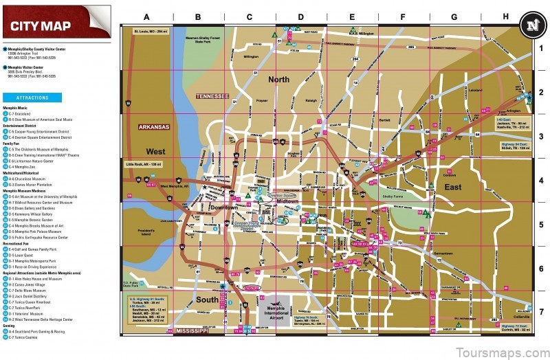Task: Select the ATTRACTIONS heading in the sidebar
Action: pos(32,98)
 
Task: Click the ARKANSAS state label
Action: pos(153,126)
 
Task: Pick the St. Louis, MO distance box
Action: pos(151,32)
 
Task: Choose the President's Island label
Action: pos(146,231)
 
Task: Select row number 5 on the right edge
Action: pos(540,225)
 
